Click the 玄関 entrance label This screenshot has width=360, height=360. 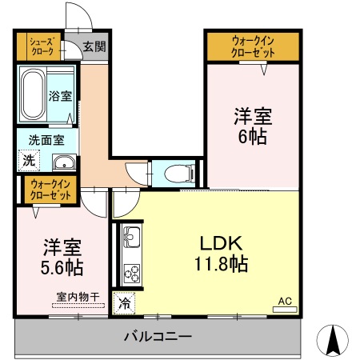click(94, 46)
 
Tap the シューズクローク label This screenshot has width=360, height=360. click(42, 46)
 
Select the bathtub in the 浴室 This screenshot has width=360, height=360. click(34, 94)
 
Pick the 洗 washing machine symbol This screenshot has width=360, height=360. click(29, 161)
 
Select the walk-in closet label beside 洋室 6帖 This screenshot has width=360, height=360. click(253, 46)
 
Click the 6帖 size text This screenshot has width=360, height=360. click(253, 136)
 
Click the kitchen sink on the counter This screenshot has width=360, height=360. click(131, 238)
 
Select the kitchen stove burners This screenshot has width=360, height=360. click(130, 272)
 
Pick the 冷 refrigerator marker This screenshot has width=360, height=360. click(125, 303)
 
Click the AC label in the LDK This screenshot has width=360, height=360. click(285, 302)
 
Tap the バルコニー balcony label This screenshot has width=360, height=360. click(157, 337)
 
